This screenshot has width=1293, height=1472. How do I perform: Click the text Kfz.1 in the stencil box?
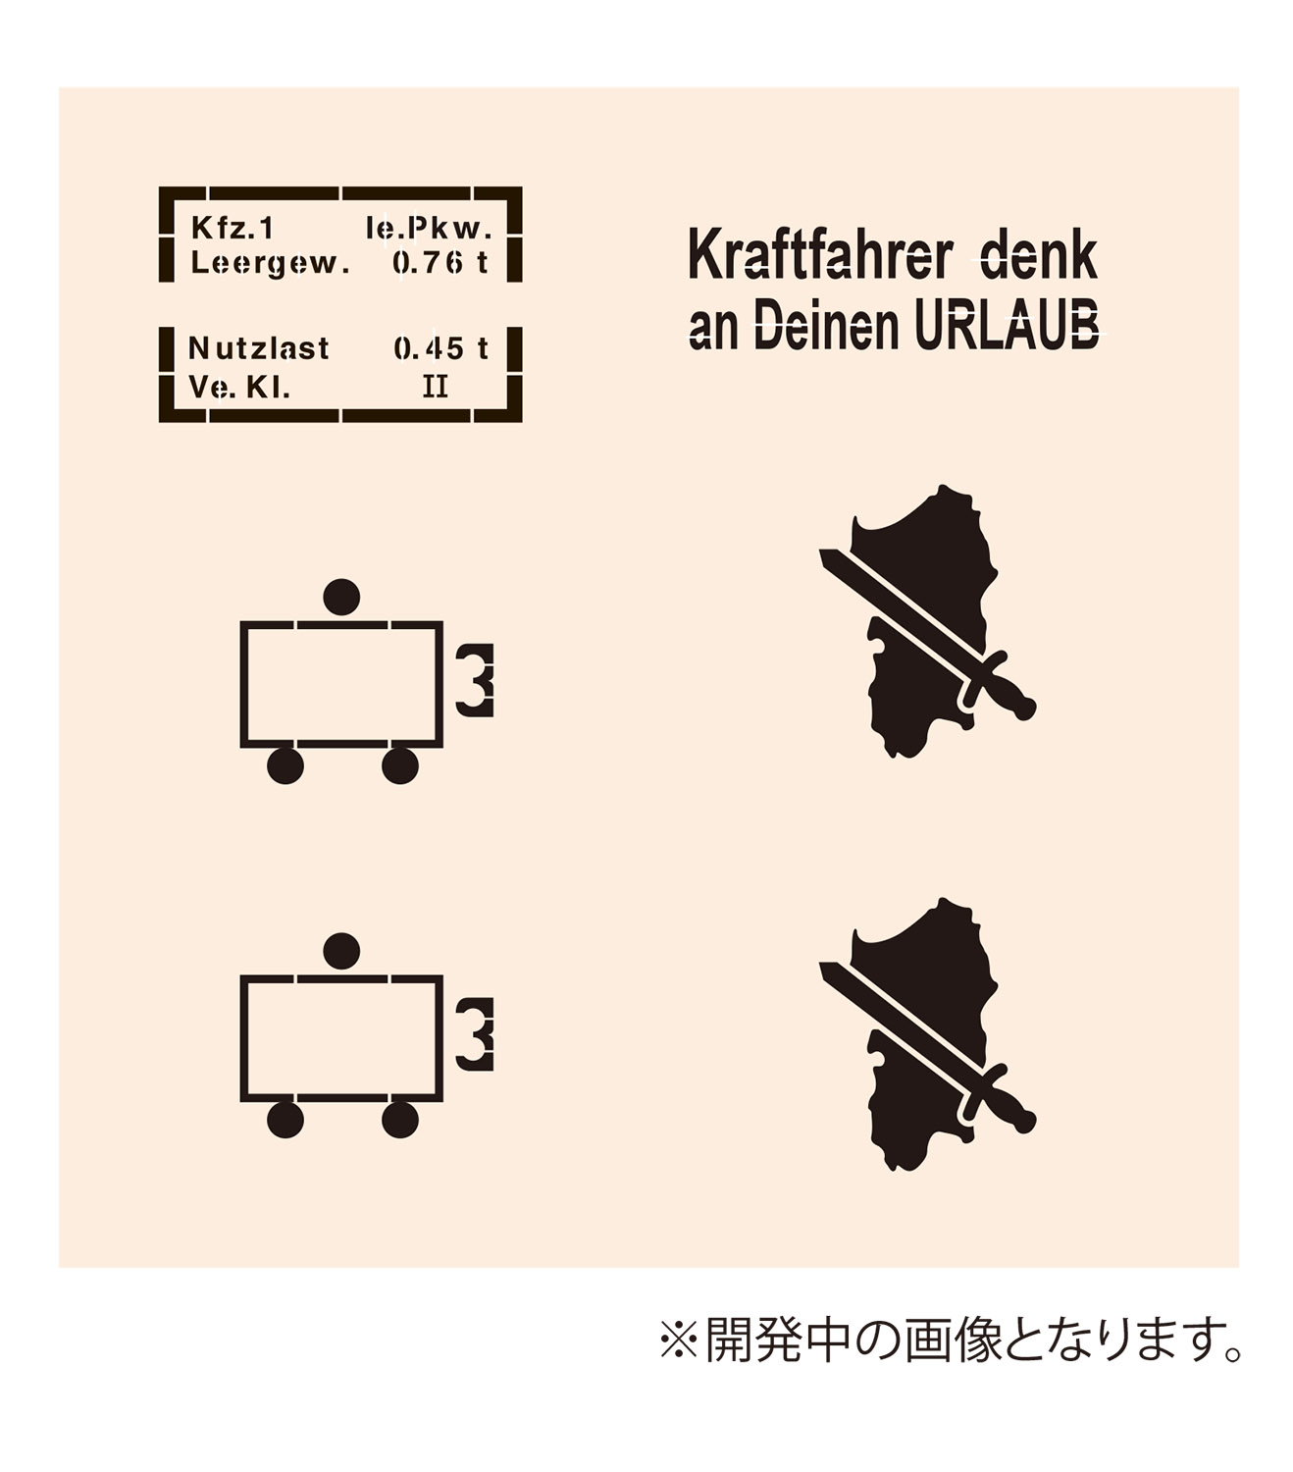tap(233, 228)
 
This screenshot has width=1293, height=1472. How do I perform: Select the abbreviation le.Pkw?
tap(429, 228)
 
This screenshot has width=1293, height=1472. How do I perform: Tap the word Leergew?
tap(270, 264)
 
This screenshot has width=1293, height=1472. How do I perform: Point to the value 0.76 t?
tap(440, 262)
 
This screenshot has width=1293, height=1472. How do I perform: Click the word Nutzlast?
tap(259, 348)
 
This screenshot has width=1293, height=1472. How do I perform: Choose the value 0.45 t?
tap(440, 348)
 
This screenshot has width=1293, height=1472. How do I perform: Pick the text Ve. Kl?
tap(239, 388)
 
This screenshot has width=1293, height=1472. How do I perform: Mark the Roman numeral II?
tap(436, 387)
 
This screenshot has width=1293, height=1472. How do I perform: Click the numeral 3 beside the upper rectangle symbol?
tap(475, 680)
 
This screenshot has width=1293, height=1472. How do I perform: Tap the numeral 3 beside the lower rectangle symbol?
tap(475, 1034)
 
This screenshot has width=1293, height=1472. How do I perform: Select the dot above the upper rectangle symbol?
tap(341, 598)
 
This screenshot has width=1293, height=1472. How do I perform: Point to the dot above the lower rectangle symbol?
tap(341, 951)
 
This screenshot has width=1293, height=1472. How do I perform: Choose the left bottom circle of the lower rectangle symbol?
tap(285, 1119)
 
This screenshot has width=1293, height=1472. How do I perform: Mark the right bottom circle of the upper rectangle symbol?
tap(400, 765)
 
